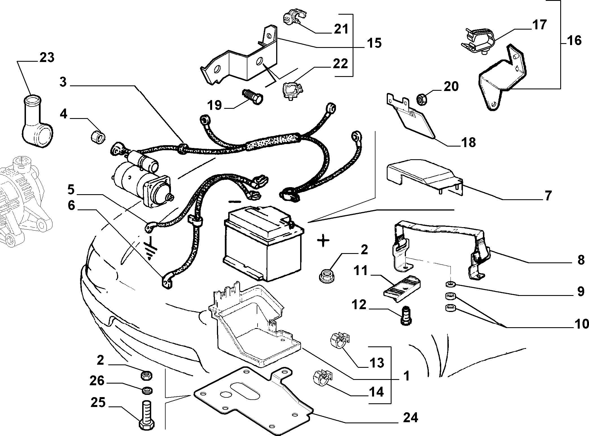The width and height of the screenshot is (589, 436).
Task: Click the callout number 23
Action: coord(47,58)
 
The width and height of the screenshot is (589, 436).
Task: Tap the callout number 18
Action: coord(468,143)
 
